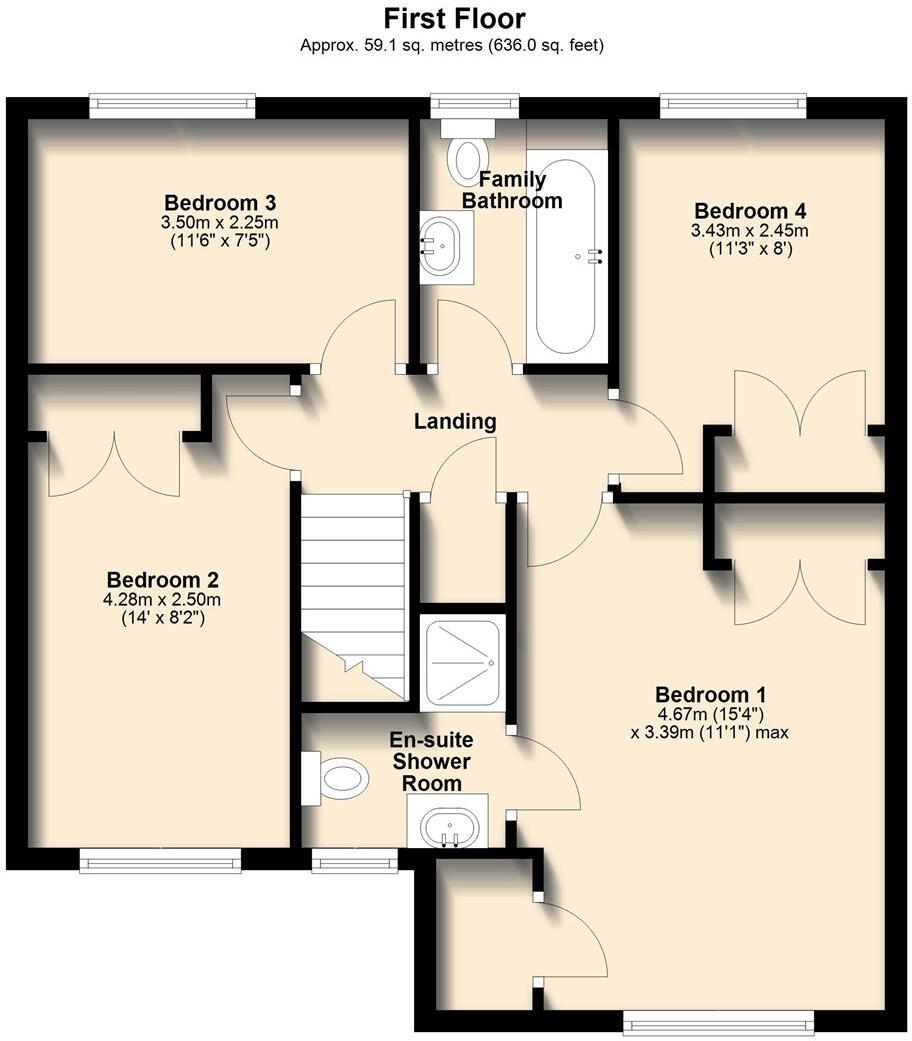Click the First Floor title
455,18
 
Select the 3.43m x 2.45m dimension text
751,230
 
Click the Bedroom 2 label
163,579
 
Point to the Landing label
455,421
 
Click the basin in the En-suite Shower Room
447,826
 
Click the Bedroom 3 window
172,105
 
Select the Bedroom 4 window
733,105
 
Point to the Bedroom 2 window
160,860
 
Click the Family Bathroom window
474,105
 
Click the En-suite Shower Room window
354,860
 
